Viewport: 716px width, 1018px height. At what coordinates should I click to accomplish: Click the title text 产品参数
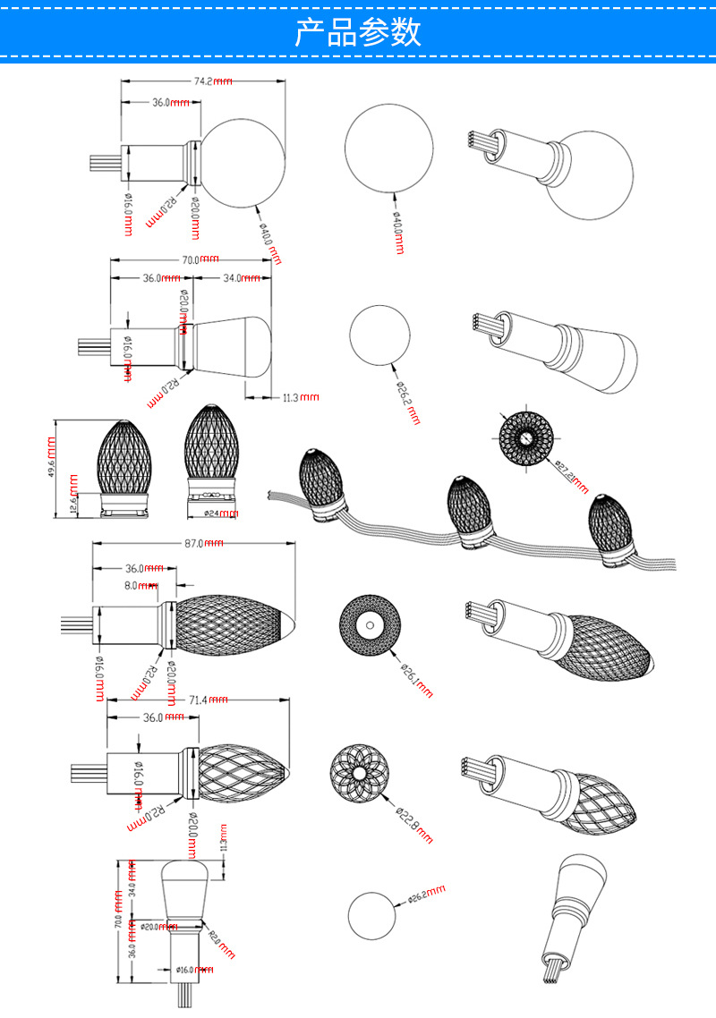coord(358,33)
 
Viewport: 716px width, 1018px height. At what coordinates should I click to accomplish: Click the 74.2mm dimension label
coord(213,81)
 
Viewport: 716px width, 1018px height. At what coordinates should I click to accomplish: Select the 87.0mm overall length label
coord(205,544)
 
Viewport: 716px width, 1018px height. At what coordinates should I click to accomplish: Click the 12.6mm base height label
coord(74,505)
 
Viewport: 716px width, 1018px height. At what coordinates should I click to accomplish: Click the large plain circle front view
coord(389,144)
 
